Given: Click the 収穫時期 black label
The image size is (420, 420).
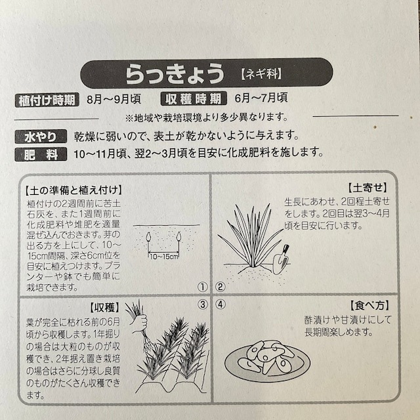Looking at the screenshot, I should [x=194, y=100].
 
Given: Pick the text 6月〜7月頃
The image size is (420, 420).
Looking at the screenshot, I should [x=261, y=99].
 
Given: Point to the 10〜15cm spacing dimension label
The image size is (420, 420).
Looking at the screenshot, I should [x=163, y=256].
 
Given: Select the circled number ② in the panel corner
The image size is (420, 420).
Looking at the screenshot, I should [x=220, y=287].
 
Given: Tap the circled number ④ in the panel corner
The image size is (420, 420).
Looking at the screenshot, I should [x=220, y=304].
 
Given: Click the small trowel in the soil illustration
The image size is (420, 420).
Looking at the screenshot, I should [x=282, y=260].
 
